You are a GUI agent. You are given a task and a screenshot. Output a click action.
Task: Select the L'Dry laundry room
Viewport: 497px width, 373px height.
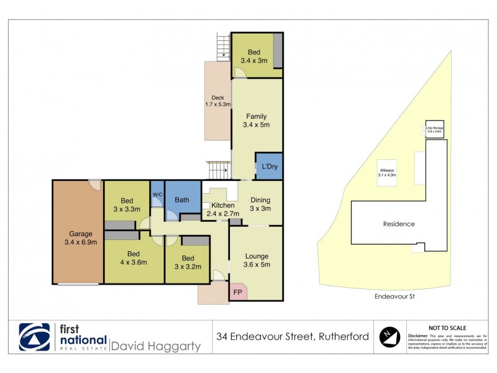(x=269, y=166)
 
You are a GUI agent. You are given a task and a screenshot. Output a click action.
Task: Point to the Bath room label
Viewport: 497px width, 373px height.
(x=182, y=200)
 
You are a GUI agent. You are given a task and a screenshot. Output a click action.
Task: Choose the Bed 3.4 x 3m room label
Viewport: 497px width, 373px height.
(x=253, y=56)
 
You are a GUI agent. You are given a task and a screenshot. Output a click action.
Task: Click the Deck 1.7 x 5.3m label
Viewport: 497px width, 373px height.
(x=217, y=101)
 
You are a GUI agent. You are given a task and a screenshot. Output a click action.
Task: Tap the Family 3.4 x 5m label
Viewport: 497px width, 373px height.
(x=256, y=121)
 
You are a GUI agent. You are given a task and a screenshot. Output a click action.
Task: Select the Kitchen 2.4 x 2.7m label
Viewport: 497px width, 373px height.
(x=223, y=210)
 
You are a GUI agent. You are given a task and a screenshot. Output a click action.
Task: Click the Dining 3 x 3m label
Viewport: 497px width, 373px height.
(x=260, y=204)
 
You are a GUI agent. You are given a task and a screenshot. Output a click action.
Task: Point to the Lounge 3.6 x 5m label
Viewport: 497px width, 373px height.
(x=257, y=260)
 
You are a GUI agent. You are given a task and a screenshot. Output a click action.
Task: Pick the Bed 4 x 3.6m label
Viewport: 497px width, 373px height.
(x=132, y=258)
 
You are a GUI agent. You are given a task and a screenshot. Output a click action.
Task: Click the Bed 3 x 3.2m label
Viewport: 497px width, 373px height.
(x=188, y=263)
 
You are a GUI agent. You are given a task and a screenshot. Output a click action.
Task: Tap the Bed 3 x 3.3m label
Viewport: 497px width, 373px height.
(x=127, y=205)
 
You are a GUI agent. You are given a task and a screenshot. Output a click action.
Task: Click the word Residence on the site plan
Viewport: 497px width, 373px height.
(x=398, y=224)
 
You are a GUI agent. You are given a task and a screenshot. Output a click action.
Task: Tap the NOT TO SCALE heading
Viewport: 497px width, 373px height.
(x=447, y=328)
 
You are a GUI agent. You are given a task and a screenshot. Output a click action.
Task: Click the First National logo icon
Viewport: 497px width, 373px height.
(x=34, y=337)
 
